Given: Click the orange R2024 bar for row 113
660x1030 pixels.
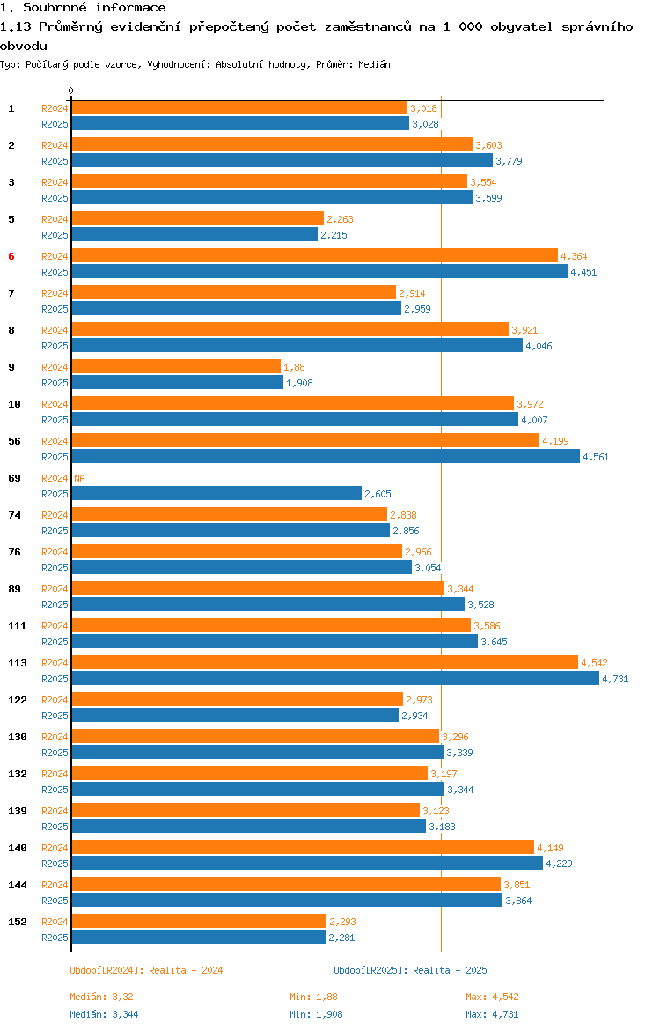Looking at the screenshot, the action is coord(325,663).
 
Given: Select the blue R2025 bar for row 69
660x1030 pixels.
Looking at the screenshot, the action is coord(216,493).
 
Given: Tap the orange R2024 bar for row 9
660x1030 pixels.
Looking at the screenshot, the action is coord(176,366).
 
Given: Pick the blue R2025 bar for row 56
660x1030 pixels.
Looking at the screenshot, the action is coord(326,457).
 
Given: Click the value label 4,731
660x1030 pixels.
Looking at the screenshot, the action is coord(615,680).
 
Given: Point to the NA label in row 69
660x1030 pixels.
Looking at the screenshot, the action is coord(79,478).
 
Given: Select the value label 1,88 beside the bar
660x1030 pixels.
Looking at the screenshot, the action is coord(294,367).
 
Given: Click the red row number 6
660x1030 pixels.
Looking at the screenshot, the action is coord(11,256).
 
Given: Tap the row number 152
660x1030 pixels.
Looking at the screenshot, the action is coord(18,922).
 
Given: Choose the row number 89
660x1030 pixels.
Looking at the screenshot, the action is coord(14,589).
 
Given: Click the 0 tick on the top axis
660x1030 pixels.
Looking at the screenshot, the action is coord(71,92).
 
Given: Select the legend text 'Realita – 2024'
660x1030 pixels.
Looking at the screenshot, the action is coord(186,970).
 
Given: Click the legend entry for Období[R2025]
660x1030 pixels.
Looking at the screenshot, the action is coord(410,970).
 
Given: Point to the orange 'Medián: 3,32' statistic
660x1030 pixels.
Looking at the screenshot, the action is coord(102,997).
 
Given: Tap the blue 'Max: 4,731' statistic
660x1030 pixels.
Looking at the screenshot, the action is coord(492,1014).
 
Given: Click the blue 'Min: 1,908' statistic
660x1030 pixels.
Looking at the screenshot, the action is coord(317,1014).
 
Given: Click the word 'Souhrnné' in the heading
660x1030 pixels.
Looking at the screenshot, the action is coord(55,7).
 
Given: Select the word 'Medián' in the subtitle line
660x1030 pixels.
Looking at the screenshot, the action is coord(374,64).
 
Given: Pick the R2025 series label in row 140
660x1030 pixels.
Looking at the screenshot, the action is coord(55,864).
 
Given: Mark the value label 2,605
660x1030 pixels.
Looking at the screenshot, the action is coord(378,494).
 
